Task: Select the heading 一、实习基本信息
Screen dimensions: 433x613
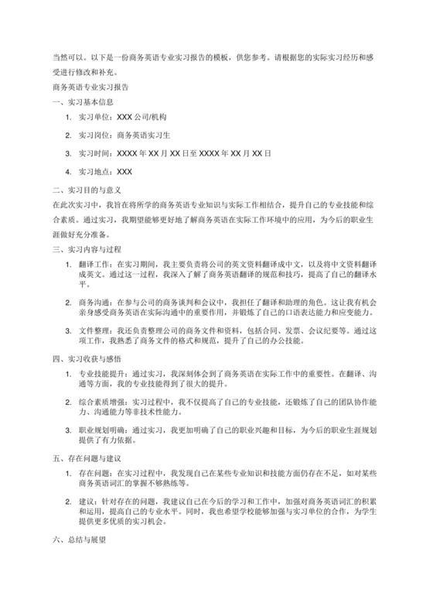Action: coord(78,101)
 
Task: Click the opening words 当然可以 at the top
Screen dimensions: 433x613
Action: coord(65,58)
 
